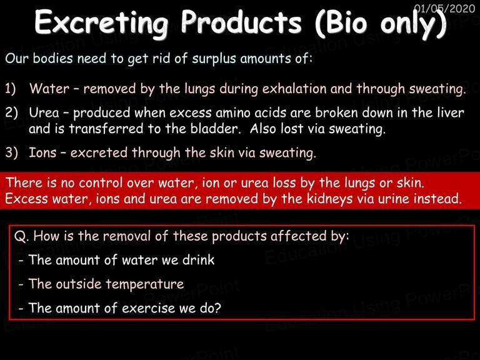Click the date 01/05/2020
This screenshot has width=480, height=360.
[444, 8]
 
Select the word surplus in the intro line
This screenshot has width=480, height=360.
[214, 59]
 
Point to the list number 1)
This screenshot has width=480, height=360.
[11, 89]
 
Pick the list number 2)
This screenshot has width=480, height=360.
[11, 112]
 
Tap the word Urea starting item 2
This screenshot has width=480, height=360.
[44, 112]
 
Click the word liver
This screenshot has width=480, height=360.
[450, 112]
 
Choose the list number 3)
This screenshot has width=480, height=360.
[11, 152]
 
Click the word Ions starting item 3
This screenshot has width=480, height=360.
[42, 152]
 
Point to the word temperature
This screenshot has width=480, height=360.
[144, 284]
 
